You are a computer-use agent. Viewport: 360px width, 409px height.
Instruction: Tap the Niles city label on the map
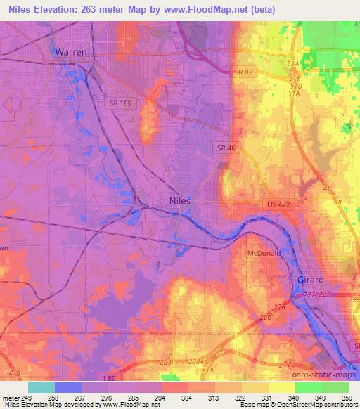pyautogui.click(x=181, y=200)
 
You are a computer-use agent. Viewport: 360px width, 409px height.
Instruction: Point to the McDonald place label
pyautogui.click(x=264, y=253)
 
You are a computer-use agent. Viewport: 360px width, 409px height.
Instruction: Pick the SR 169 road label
pyautogui.click(x=120, y=103)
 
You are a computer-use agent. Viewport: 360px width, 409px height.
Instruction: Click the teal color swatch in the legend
pyautogui.click(x=41, y=387)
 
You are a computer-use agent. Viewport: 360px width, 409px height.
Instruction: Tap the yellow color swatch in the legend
pyautogui.click(x=281, y=387)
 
